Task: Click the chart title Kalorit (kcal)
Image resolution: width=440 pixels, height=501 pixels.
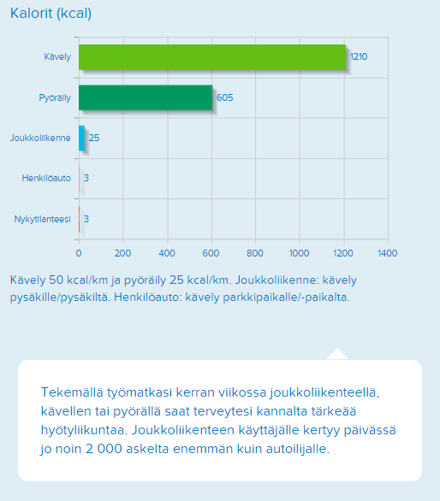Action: click(x=51, y=14)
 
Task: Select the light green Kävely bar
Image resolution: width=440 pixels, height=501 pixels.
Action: click(x=212, y=57)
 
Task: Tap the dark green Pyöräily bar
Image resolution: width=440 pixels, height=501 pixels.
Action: click(x=146, y=97)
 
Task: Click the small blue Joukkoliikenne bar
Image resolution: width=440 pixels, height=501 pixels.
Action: click(x=81, y=138)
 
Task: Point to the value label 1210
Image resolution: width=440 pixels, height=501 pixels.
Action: click(x=359, y=57)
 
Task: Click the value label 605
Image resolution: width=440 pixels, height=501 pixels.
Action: click(x=224, y=97)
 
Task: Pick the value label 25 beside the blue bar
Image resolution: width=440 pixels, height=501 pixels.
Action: click(x=94, y=138)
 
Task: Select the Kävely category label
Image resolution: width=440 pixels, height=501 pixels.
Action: click(x=57, y=57)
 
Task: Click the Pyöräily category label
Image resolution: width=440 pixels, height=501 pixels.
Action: click(x=55, y=97)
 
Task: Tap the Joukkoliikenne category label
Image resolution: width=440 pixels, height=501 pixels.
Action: click(x=40, y=138)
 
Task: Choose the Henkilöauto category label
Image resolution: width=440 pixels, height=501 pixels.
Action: click(x=46, y=178)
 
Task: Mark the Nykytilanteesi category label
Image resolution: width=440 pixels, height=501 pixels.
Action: click(x=42, y=219)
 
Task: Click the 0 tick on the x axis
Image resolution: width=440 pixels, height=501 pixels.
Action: click(x=79, y=253)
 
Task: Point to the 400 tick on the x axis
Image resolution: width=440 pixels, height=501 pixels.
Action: click(x=167, y=253)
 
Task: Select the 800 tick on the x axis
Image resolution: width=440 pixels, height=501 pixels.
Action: click(x=255, y=253)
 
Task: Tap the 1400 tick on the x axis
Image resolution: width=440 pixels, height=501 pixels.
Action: click(x=388, y=253)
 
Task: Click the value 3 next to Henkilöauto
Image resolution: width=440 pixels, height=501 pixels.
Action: click(x=86, y=178)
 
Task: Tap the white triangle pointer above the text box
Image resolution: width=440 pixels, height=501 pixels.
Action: click(x=337, y=355)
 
